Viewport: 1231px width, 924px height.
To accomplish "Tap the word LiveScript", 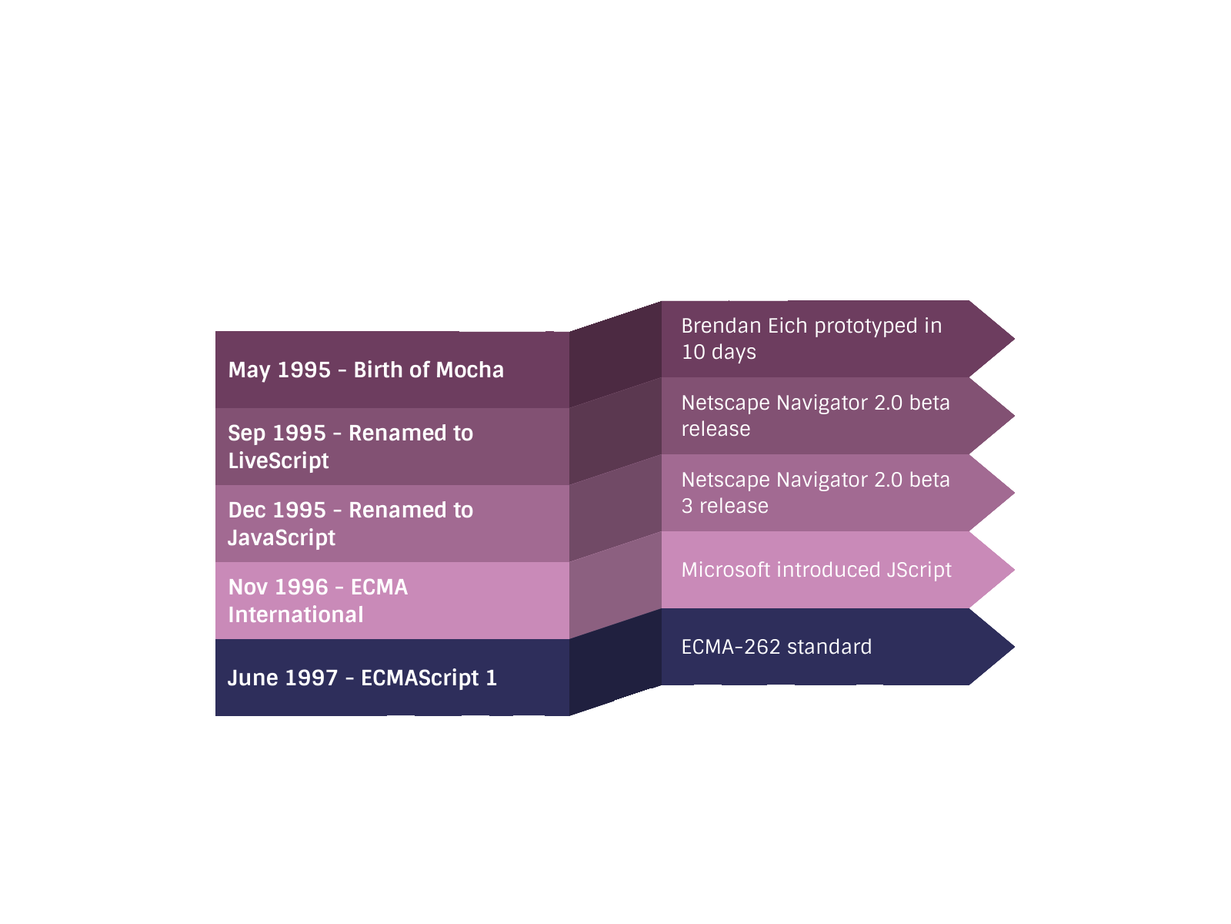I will [279, 461].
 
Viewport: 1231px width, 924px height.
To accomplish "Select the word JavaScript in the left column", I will [282, 538].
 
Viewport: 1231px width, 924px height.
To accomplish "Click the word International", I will [295, 615].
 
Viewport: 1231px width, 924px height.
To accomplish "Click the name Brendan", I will [721, 326].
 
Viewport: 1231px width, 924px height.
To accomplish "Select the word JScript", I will [919, 571].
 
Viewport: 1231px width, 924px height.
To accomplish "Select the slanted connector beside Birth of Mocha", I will [615, 354].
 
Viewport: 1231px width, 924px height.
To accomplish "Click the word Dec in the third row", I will [246, 511].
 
